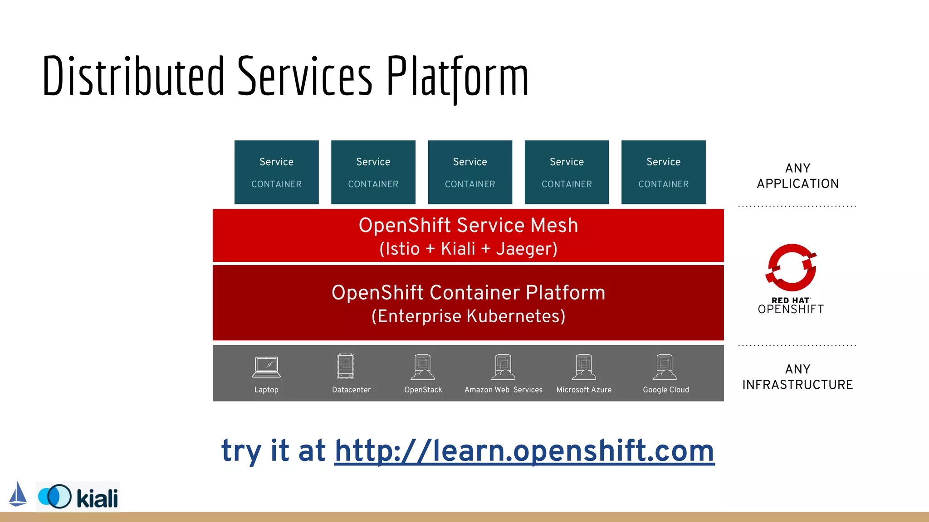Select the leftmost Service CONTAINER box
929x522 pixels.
[x=276, y=172]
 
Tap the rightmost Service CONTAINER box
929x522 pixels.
[x=663, y=172]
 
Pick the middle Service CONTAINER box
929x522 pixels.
[x=470, y=172]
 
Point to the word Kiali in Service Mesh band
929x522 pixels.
[x=458, y=249]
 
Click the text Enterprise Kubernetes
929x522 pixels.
[x=468, y=316]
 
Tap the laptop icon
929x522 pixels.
[x=266, y=367]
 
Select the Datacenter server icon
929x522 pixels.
[x=346, y=366]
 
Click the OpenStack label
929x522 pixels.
[x=423, y=390]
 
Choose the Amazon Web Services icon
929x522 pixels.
[x=503, y=367]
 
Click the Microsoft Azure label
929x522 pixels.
[x=584, y=390]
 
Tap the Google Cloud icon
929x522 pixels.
[x=665, y=367]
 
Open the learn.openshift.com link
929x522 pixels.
[x=524, y=451]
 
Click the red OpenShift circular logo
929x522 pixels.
[x=791, y=268]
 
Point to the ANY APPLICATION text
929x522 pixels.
[x=797, y=176]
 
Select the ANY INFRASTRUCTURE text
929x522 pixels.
[x=797, y=377]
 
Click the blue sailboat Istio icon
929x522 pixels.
[x=18, y=494]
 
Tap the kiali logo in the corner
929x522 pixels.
[x=78, y=497]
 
